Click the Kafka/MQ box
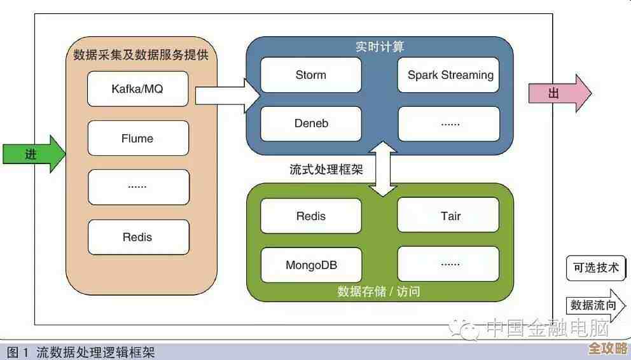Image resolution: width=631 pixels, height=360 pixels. click(x=138, y=89)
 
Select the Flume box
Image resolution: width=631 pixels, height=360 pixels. click(x=138, y=138)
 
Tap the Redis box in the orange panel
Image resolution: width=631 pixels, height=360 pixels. click(x=138, y=237)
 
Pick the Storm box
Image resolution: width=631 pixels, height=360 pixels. click(x=311, y=75)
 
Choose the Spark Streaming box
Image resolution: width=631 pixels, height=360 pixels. click(x=449, y=75)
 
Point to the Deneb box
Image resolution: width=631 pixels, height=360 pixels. click(x=311, y=123)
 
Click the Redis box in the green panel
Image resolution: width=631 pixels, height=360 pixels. click(x=311, y=216)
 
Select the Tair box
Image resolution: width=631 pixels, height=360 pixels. click(x=449, y=216)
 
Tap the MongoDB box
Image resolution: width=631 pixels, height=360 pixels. click(x=311, y=265)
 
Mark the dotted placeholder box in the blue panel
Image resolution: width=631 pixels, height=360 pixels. click(x=449, y=123)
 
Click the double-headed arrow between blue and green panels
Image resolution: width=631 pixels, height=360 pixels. click(x=384, y=169)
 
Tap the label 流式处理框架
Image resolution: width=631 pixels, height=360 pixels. click(x=326, y=170)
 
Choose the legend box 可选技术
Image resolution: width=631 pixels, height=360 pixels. click(x=595, y=268)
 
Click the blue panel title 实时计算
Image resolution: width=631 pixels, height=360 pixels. click(x=379, y=47)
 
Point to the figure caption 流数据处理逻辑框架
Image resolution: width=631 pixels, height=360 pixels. click(x=95, y=352)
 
